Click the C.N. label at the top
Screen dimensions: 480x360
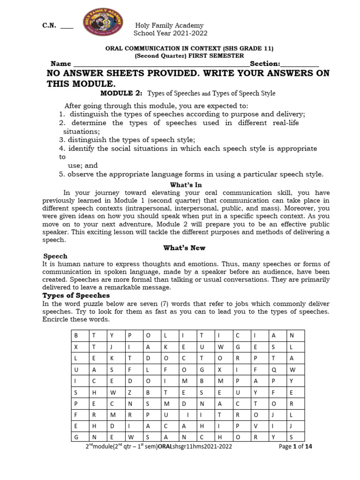[49, 25]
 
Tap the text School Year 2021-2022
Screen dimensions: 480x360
[170, 33]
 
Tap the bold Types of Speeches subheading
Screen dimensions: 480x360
[76, 295]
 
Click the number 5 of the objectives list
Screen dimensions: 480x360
[61, 174]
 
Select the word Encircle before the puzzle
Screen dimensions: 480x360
[58, 320]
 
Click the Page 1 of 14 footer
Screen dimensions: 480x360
[295, 447]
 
